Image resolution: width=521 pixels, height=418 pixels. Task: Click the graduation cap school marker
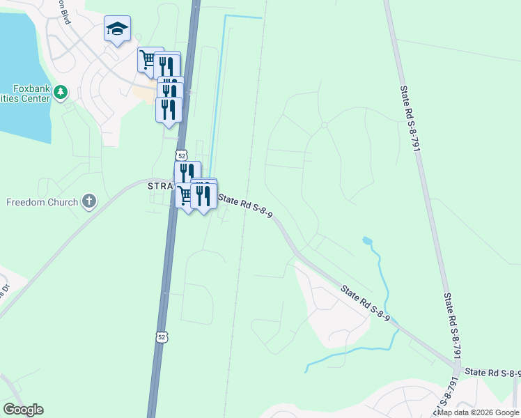coord(117,29)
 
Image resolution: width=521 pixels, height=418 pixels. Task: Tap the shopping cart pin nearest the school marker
coord(148,59)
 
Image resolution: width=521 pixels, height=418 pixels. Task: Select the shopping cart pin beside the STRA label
coord(184,196)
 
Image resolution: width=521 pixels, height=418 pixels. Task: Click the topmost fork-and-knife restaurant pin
coord(166,64)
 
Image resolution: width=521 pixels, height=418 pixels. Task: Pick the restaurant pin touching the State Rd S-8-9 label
coord(203,196)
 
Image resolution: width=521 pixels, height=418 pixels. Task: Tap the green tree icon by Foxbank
coord(61,92)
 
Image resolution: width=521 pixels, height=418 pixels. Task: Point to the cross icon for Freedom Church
coord(88,202)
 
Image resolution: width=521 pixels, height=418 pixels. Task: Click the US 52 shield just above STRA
coord(181,155)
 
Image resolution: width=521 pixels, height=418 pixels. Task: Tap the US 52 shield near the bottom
coord(162,337)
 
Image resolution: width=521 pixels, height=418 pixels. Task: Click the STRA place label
coord(160,187)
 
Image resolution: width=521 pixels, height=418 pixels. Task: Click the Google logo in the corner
coord(23,410)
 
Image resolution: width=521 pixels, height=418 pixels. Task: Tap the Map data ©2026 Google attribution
coord(478,412)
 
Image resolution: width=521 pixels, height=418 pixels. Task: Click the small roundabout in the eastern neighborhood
coord(324,125)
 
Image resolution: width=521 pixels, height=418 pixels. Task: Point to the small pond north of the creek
coord(366,241)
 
